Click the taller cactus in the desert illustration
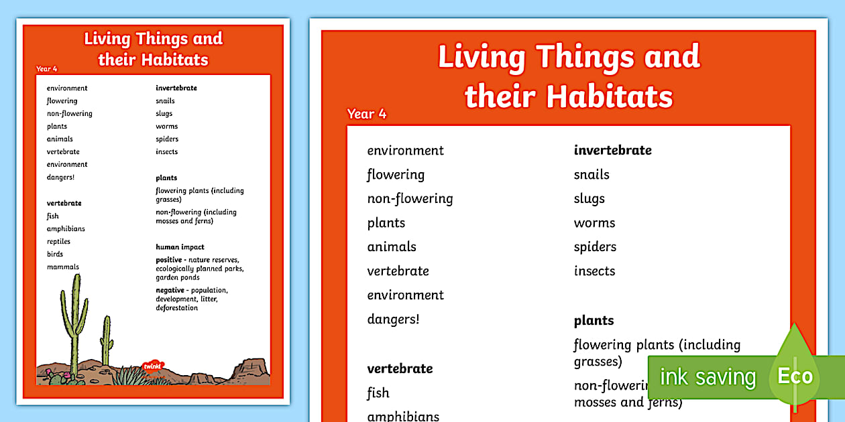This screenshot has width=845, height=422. coord(73,322)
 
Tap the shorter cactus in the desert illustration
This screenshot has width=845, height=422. coord(106,342)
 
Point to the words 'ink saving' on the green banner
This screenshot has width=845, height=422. coord(708,377)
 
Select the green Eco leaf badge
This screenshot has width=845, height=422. coord(795,374)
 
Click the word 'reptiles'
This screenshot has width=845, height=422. coord(58,242)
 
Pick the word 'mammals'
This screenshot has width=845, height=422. coord(63,267)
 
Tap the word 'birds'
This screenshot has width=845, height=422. coord(55,255)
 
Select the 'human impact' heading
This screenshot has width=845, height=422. coord(180,247)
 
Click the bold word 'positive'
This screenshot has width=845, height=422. coord(169,260)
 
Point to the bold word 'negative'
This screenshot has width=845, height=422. coord(170,291)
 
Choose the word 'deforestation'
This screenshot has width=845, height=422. coord(177,308)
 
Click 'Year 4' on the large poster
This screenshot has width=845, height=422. coord(367,114)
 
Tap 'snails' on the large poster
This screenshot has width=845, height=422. coord(591,175)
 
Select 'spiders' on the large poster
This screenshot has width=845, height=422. coord(595,247)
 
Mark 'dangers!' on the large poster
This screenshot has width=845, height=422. coord(393,320)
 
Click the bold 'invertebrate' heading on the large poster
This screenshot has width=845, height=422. coord(612,151)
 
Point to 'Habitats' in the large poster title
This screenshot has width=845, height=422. coord(610,96)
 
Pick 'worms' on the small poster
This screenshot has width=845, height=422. coord(167,127)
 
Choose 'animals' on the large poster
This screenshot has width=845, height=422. coord(392,247)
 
